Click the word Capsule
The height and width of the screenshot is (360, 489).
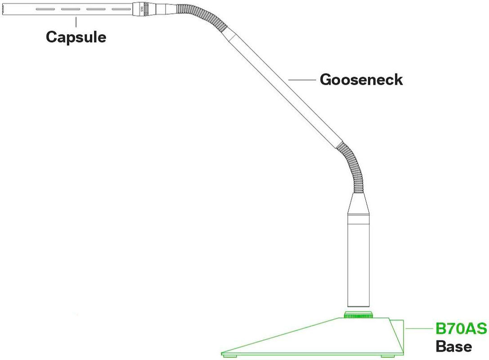pyautogui.click(x=76, y=36)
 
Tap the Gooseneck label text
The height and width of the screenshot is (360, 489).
pyautogui.click(x=361, y=80)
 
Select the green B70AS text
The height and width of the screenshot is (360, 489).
pyautogui.click(x=461, y=329)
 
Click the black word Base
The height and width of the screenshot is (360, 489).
pyautogui.click(x=453, y=346)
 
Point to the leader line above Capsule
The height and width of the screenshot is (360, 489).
pyautogui.click(x=76, y=22)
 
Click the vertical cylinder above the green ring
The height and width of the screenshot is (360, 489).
pyautogui.click(x=358, y=265)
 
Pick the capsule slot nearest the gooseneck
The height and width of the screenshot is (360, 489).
pyautogui.click(x=121, y=9)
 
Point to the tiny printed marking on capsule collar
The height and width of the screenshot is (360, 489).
pyautogui.click(x=142, y=9)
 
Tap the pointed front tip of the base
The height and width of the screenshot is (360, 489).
pyautogui.click(x=224, y=352)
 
